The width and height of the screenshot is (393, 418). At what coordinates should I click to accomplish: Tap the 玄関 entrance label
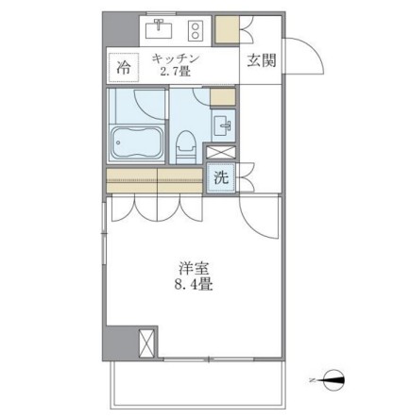(261, 61)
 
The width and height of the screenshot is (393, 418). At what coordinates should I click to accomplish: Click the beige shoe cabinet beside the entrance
(228, 30)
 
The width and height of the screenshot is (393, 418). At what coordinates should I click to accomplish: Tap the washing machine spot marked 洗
(220, 178)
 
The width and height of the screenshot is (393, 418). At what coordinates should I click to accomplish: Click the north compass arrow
(334, 382)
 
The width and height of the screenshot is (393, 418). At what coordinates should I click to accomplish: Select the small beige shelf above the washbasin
(221, 97)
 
